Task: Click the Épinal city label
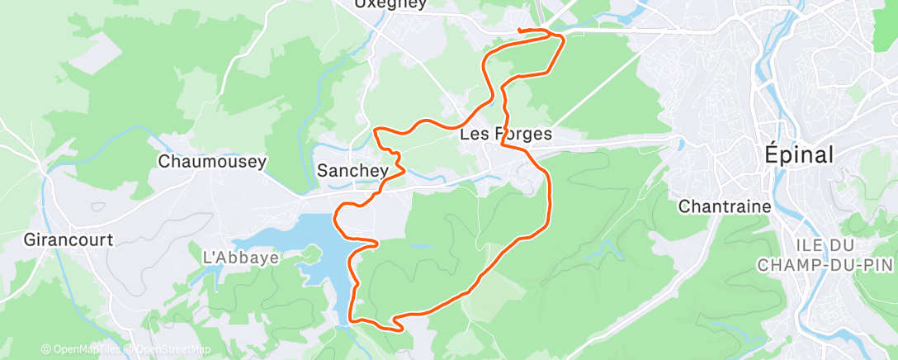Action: [x=797, y=154]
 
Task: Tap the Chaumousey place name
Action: [x=212, y=161]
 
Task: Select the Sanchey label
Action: [x=352, y=171]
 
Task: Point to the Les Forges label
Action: [x=505, y=134]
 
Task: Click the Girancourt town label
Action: [x=69, y=239]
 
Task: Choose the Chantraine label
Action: [x=724, y=206]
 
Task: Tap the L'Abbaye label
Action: [x=241, y=258]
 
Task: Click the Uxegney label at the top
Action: [x=390, y=4]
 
